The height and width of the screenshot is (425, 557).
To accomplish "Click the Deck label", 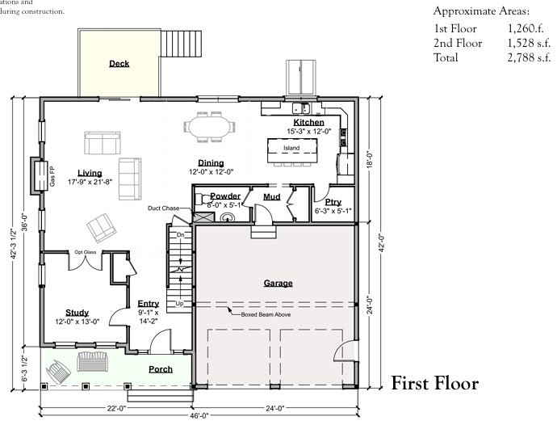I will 119,64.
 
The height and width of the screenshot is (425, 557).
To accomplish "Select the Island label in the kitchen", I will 291,149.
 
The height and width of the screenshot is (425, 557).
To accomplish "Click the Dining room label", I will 211,162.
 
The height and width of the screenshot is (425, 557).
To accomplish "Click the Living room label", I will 90,172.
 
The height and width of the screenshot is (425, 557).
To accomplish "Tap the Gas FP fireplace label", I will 52,175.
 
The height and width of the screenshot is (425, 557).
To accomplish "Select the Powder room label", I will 225,196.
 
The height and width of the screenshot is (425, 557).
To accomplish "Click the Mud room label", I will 271,196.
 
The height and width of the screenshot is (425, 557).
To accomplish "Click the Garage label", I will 278,283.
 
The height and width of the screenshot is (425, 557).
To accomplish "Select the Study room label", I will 77,313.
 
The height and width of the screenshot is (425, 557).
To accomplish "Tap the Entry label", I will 149,304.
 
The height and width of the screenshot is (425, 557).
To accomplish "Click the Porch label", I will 161,368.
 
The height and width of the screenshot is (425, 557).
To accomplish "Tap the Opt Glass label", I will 86,250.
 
